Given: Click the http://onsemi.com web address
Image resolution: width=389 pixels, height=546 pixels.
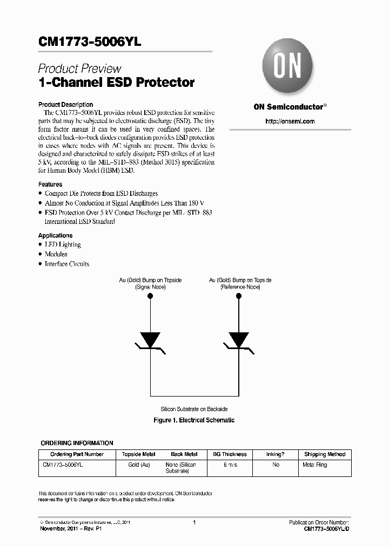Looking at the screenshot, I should point(290,121).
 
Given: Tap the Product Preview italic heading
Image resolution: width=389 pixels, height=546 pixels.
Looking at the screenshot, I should point(79,69).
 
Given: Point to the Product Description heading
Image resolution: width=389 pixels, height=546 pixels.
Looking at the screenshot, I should point(65,105).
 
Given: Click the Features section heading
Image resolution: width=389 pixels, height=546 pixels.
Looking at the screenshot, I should point(50,184).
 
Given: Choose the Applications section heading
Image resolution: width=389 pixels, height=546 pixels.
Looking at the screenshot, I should point(55,235).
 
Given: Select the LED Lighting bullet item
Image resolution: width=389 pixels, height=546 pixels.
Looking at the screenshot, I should point(63,244).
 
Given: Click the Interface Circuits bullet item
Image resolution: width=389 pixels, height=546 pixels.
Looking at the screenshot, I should point(66,264).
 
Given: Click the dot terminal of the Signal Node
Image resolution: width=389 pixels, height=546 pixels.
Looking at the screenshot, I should point(150,297).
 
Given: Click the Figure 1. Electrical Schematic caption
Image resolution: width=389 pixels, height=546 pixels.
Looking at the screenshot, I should point(194,420).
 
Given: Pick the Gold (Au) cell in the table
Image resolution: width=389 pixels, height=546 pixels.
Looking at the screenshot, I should point(139,465).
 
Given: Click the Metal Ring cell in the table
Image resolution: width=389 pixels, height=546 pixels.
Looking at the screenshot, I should point(314,465).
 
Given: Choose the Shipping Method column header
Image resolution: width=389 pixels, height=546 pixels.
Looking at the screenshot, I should point(324,454).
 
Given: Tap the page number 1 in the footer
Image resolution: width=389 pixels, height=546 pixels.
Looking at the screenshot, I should point(194,522).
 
